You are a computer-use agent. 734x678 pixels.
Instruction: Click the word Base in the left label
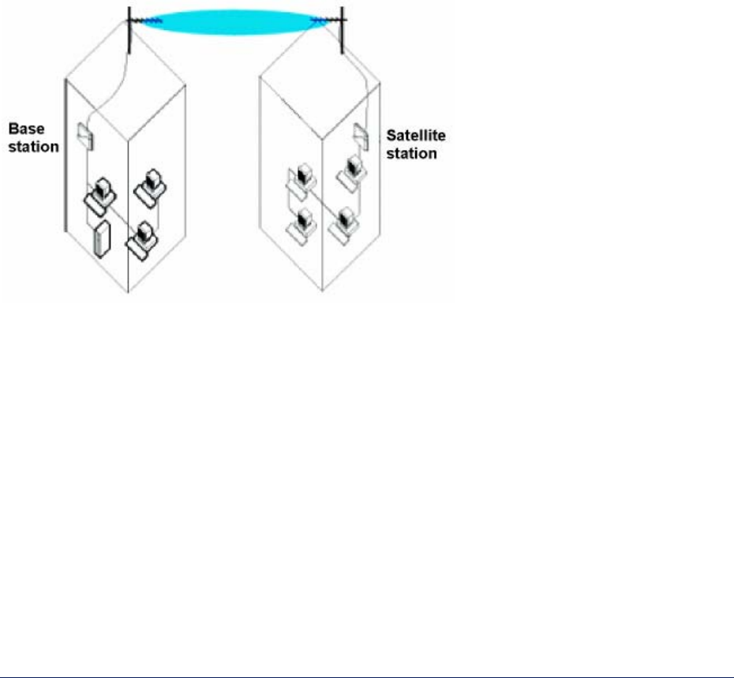[x=24, y=129]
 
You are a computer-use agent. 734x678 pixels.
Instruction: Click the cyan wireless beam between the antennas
[x=234, y=21]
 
